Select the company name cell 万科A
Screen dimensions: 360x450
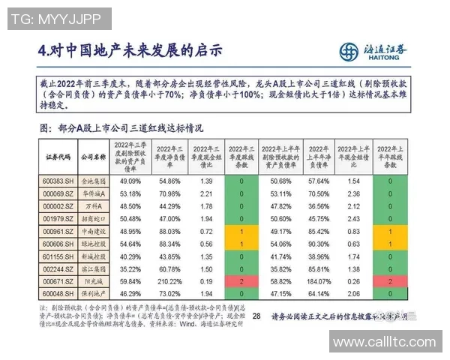(92, 205)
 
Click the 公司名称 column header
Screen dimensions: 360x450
(92, 157)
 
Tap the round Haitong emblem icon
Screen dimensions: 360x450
(349, 52)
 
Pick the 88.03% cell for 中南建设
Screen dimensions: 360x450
(169, 230)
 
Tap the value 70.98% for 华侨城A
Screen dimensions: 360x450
(169, 193)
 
